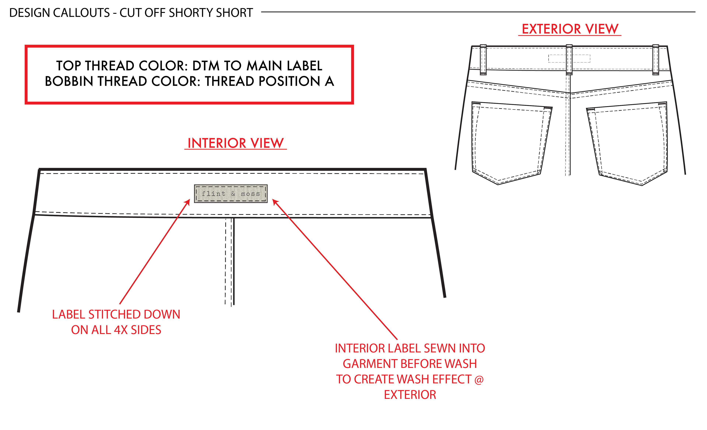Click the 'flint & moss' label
(231, 194)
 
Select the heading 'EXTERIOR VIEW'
(570, 29)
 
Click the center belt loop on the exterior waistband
(569, 60)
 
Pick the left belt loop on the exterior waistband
(483, 60)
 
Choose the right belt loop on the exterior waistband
(656, 60)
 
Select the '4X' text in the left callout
(121, 330)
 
